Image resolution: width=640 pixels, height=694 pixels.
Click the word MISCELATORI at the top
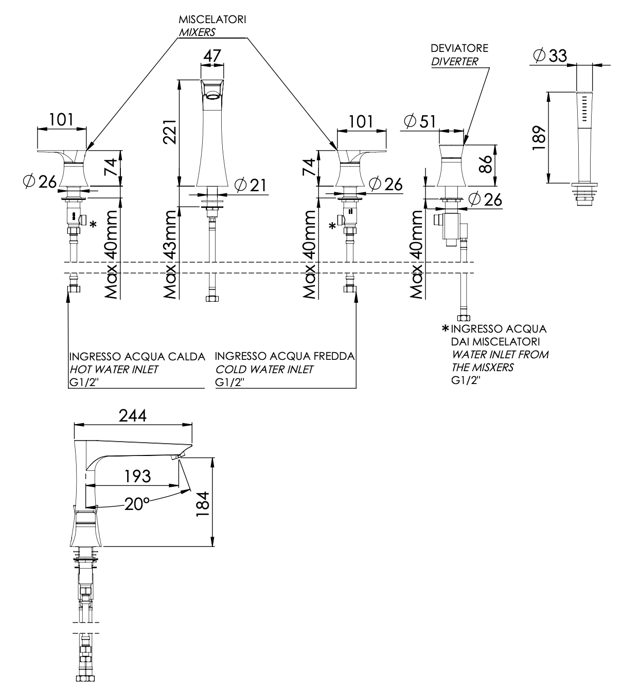(x=212, y=20)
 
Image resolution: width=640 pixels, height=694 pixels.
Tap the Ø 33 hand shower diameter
(x=549, y=56)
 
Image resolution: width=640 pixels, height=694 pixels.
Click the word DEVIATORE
(x=459, y=48)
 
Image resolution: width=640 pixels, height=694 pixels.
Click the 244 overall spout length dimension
(x=133, y=415)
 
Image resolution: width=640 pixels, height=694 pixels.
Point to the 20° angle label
(x=136, y=504)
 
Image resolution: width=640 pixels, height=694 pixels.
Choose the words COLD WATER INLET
(x=264, y=369)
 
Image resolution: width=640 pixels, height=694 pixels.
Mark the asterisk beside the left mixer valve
(x=93, y=224)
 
